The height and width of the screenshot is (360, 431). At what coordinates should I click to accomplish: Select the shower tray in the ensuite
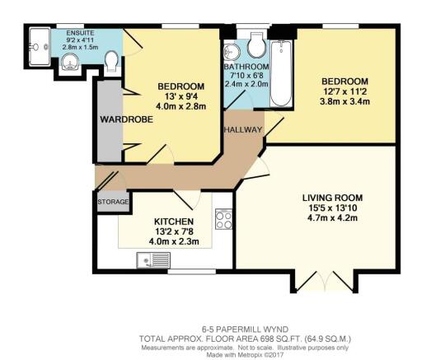(37, 42)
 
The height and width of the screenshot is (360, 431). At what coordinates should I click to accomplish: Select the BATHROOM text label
(247, 67)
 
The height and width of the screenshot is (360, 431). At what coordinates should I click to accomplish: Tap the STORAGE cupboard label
(113, 201)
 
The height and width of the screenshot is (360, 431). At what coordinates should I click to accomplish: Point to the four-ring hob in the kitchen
(223, 218)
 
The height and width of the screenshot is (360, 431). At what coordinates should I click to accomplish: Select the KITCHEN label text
(174, 222)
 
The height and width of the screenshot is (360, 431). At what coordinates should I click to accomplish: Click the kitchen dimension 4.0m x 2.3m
(174, 244)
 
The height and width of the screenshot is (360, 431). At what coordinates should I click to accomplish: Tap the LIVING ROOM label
(332, 199)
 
